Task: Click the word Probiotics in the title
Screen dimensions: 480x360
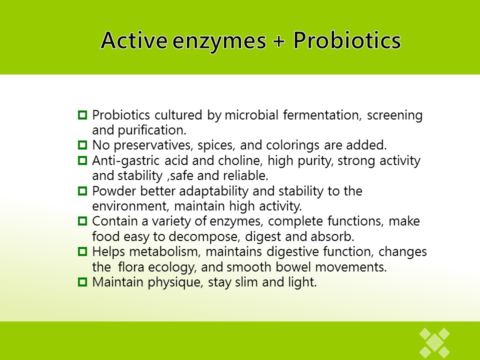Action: tap(347, 40)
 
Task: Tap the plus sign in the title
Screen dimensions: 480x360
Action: tap(278, 41)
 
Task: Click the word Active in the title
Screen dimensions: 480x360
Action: tap(134, 40)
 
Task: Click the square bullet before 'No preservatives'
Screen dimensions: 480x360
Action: tap(82, 145)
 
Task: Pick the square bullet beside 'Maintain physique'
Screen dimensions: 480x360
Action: tap(82, 281)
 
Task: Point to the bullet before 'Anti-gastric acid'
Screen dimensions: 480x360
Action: tap(82, 160)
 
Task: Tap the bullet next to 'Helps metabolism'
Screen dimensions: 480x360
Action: tap(82, 251)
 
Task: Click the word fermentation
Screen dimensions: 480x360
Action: tap(321, 115)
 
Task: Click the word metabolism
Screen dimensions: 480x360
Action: tap(165, 251)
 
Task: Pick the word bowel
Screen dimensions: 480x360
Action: tap(293, 267)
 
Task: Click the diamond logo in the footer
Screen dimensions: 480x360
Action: tap(434, 343)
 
